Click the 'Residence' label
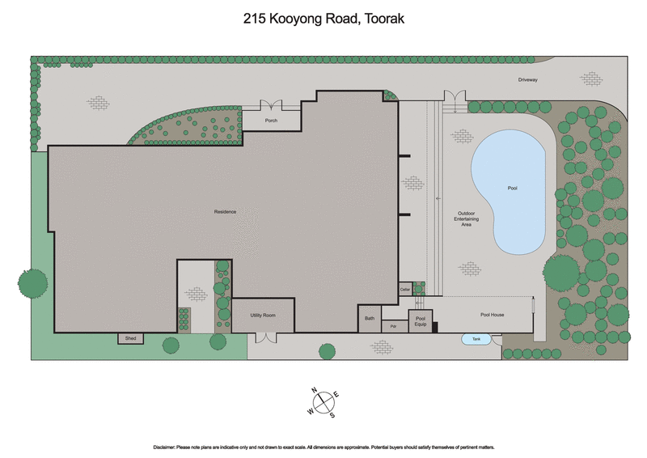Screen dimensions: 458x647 (225, 212)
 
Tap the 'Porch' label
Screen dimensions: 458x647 (271, 121)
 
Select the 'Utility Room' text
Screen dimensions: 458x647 (264, 315)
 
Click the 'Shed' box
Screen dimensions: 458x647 (130, 338)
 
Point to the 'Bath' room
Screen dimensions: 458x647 (370, 319)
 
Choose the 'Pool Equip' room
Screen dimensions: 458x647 (420, 320)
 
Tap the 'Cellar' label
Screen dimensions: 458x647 (405, 289)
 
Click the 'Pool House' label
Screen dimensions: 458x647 (492, 315)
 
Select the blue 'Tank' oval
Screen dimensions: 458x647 (476, 340)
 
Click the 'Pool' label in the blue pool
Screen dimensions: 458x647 (512, 188)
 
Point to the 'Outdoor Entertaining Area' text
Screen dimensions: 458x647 (465, 218)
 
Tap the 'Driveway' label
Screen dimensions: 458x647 (528, 80)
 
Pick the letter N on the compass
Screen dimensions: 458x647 (314, 390)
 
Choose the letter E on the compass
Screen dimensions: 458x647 (336, 394)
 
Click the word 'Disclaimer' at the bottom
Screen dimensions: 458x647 (170, 447)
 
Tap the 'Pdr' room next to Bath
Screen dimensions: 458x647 (393, 326)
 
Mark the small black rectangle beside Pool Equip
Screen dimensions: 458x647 (435, 327)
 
